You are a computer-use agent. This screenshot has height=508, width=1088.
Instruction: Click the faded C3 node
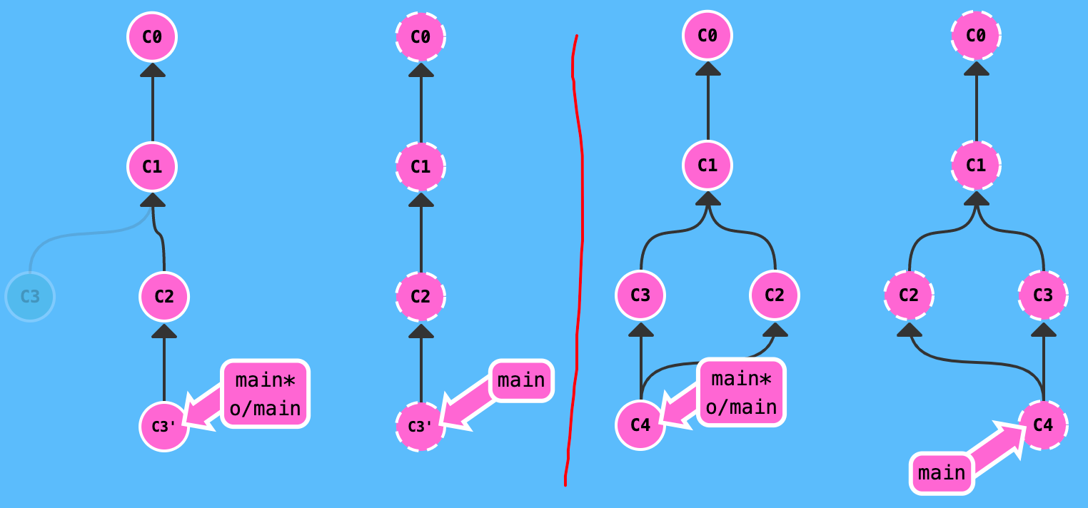tap(30, 297)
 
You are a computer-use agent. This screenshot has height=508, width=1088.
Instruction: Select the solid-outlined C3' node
tap(164, 427)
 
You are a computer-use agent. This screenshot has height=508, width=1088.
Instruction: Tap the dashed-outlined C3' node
tap(420, 427)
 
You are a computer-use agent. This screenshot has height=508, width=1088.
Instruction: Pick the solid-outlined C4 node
tap(640, 425)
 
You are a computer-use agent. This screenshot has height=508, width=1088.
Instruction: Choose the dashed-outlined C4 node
tap(1043, 425)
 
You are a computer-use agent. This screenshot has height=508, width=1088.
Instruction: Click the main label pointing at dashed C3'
tap(521, 380)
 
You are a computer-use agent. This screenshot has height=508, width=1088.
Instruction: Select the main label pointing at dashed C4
tap(942, 473)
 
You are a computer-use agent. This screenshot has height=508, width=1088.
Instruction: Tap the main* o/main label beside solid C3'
tap(265, 394)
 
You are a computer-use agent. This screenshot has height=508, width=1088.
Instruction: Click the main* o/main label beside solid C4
tap(741, 392)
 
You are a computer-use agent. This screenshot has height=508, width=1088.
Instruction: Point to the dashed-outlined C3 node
tap(1043, 295)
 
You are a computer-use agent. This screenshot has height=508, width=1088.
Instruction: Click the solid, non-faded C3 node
tap(640, 295)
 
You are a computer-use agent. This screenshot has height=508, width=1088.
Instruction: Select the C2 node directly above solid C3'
tap(164, 296)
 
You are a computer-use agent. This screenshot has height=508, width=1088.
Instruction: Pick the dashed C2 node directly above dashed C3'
tap(420, 296)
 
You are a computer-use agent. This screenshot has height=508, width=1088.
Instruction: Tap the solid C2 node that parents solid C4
tap(775, 295)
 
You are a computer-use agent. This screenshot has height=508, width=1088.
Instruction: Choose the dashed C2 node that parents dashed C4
tap(909, 295)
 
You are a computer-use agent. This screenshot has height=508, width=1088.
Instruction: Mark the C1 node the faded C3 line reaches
tap(152, 166)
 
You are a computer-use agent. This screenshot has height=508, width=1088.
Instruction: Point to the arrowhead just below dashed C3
tap(1044, 329)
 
